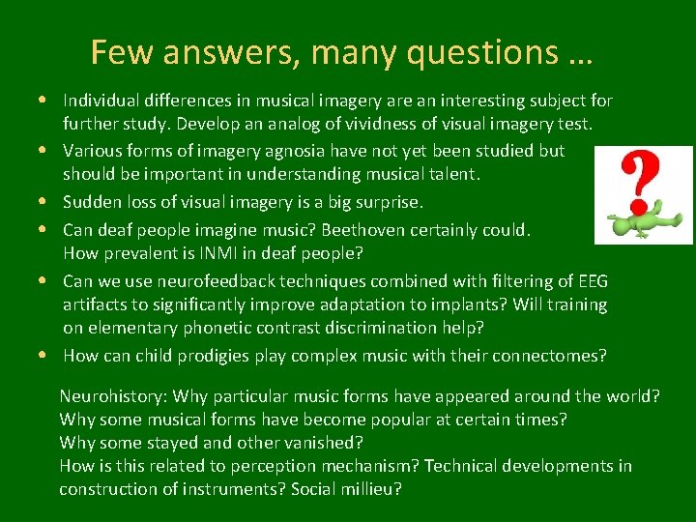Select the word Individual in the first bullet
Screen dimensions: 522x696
tap(101, 101)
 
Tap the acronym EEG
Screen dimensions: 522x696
tap(591, 281)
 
